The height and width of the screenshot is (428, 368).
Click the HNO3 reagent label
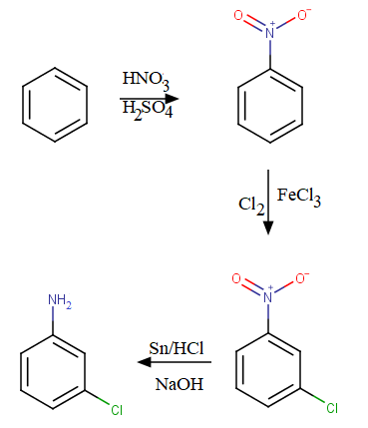146,79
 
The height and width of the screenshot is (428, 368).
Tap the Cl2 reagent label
251,205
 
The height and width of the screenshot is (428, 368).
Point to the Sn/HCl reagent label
176,348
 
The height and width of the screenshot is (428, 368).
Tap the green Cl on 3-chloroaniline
116,409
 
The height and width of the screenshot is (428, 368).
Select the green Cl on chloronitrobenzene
333,408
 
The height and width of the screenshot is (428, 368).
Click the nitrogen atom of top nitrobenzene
268,34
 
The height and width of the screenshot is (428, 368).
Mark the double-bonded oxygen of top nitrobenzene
237,15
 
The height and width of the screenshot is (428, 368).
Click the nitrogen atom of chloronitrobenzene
268,294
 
